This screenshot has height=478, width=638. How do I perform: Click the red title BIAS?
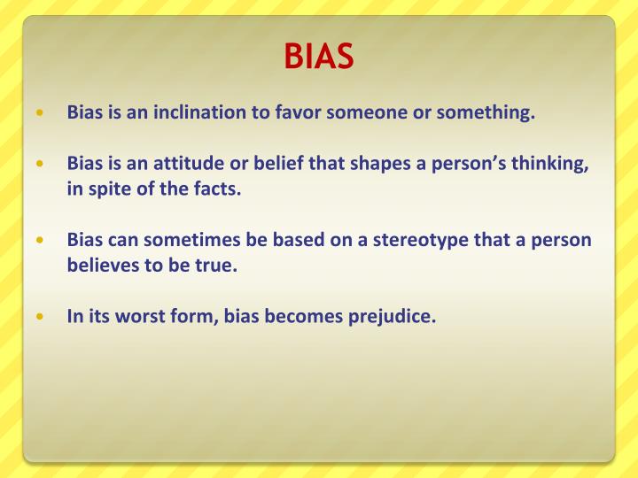[319, 57]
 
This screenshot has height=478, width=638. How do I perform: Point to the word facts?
[216, 189]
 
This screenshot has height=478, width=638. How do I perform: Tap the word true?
[218, 265]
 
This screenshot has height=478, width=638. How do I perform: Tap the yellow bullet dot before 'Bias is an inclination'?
[39, 114]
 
